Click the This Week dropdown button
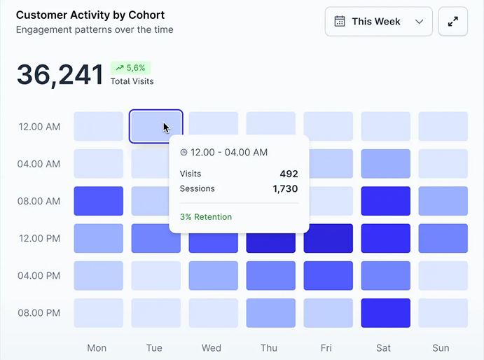378,22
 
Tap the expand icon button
453,22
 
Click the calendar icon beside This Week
340,22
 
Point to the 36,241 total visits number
60,75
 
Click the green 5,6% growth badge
130,68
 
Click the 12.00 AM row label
40,127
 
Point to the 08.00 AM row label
40,201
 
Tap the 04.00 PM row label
40,275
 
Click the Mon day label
97,347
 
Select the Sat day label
384,347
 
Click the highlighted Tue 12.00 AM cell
155,126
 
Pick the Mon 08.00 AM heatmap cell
99,201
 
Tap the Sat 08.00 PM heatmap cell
386,313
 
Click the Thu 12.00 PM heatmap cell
271,238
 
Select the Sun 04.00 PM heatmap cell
443,275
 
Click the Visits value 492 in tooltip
289,174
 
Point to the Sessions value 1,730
285,188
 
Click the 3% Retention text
206,217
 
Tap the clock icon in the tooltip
184,152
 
